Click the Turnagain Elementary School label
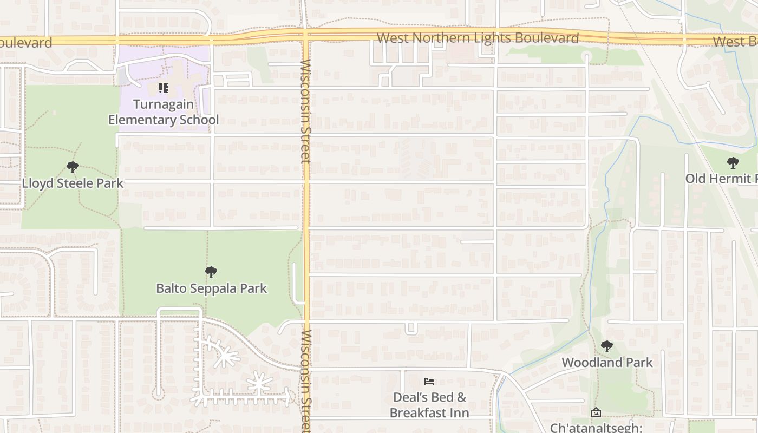coord(164,112)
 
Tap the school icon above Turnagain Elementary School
coord(164,88)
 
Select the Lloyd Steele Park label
coord(73,183)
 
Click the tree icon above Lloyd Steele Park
coord(73,167)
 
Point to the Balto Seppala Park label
coord(211,288)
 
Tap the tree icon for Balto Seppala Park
coord(211,272)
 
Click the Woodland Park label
coord(607,363)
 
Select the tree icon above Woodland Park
coord(607,346)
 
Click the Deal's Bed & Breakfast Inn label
coord(429,405)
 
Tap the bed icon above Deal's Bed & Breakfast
coord(429,382)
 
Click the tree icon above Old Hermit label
coord(733,162)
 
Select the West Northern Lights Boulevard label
coord(478,38)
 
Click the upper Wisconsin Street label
coord(306,111)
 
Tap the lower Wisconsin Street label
coord(306,379)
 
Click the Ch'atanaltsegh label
coord(596,427)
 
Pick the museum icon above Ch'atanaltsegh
coord(596,413)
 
